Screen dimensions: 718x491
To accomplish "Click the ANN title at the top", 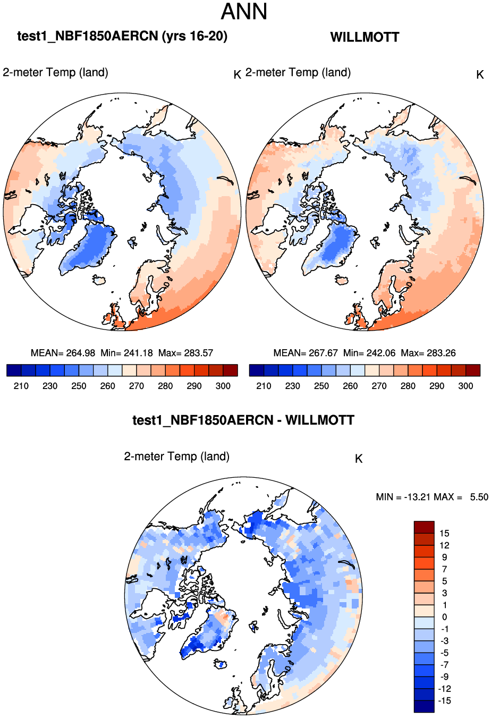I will tap(244, 12).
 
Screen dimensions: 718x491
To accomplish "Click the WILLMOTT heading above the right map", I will tap(365, 37).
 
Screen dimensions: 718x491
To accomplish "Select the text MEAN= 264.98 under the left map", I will tap(63, 353).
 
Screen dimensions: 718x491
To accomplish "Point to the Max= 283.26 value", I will tap(428, 353).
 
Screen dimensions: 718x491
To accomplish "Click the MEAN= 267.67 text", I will tap(306, 353).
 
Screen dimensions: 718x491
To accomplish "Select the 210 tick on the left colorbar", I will tap(21, 386).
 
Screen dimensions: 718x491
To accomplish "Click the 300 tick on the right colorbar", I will tap(465, 386).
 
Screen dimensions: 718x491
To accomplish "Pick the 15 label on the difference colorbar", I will tap(444, 533).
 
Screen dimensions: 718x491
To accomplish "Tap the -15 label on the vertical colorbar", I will tap(444, 700).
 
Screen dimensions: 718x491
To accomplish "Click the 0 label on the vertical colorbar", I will tap(444, 617).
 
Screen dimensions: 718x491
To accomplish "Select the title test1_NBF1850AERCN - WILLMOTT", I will tap(243, 420).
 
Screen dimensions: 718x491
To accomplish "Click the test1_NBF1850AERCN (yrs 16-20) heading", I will tap(122, 36).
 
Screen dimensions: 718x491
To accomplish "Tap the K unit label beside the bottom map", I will tap(359, 459).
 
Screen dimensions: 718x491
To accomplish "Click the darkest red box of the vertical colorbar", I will tap(424, 527).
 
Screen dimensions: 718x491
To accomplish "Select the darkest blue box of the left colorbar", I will tap(14, 370).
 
